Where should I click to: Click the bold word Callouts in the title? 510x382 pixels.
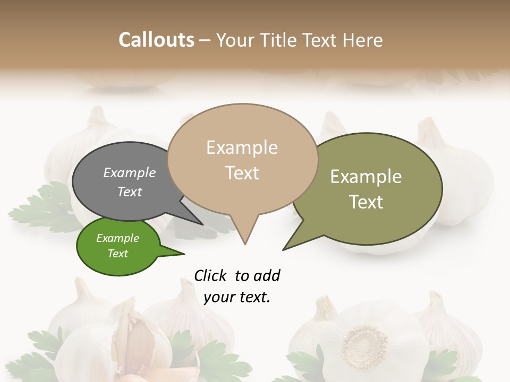[x=156, y=40]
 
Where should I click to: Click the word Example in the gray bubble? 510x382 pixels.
[x=130, y=173]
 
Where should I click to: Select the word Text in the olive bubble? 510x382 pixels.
[x=366, y=202]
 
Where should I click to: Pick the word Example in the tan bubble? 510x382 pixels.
[x=242, y=147]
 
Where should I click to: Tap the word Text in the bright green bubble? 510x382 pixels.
[x=118, y=254]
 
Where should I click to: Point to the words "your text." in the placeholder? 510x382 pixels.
[x=236, y=297]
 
